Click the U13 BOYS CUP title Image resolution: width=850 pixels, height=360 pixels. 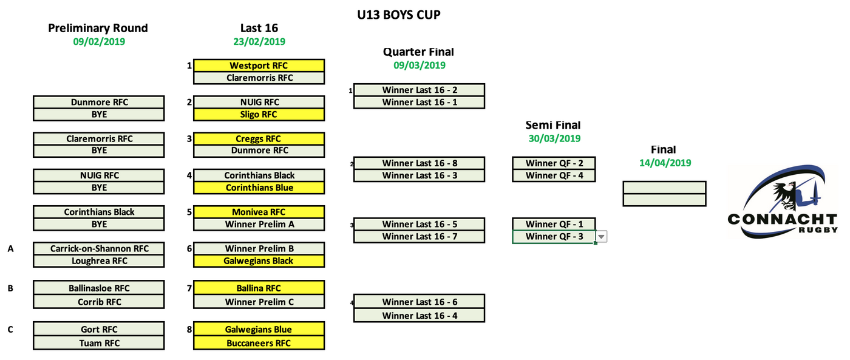[398, 15]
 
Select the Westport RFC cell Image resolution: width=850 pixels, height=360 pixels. [259, 66]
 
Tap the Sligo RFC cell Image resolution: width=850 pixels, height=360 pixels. [259, 114]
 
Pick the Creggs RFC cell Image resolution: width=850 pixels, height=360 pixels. [259, 139]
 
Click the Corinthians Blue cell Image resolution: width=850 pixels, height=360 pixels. [259, 188]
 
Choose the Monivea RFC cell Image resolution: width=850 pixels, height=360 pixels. [259, 212]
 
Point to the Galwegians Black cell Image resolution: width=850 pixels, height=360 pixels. [259, 261]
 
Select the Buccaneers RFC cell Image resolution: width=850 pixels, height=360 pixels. [259, 343]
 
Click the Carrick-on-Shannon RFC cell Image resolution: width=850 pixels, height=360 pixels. [98, 248]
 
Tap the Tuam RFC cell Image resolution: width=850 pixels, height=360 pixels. [98, 343]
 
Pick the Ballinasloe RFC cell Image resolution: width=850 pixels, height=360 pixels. [98, 288]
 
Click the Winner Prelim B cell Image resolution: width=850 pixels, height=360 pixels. [259, 248]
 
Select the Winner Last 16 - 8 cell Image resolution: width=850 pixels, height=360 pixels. [419, 163]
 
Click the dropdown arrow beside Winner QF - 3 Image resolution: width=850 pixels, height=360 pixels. [601, 237]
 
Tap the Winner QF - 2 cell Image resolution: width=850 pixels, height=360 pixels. [553, 163]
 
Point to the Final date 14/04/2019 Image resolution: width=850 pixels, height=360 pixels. [665, 163]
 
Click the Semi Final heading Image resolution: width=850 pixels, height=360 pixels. [552, 125]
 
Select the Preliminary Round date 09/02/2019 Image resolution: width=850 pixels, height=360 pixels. [99, 42]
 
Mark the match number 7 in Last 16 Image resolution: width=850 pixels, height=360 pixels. [189, 288]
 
